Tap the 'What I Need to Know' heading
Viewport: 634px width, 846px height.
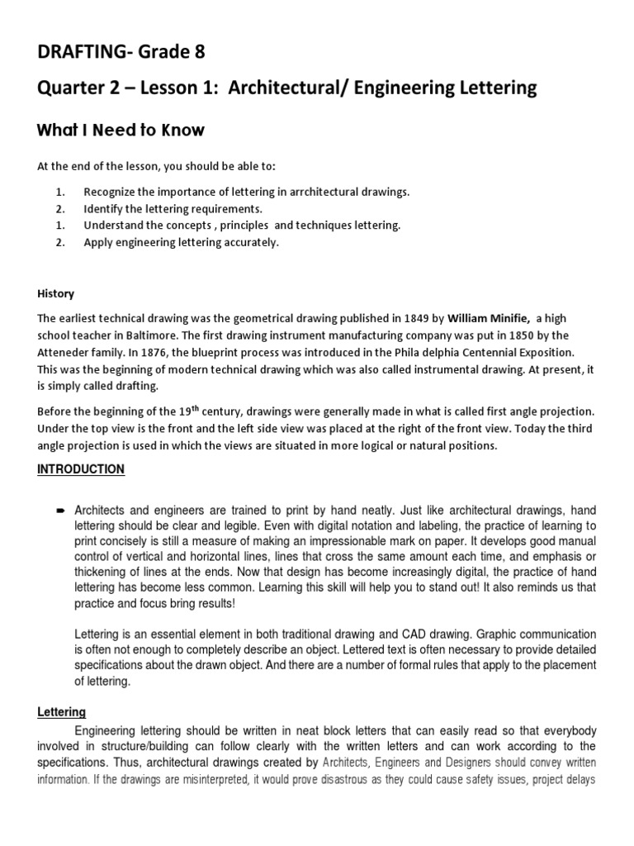pos(121,131)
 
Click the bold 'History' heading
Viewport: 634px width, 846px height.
pos(55,293)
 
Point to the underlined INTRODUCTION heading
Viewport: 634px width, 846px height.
pos(81,469)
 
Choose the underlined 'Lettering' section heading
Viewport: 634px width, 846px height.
pos(62,711)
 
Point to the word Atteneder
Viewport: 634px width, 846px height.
pos(64,352)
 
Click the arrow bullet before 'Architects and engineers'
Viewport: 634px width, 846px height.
pos(60,512)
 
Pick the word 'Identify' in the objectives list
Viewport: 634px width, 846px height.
pos(102,208)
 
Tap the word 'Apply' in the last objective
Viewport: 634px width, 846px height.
pos(97,242)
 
